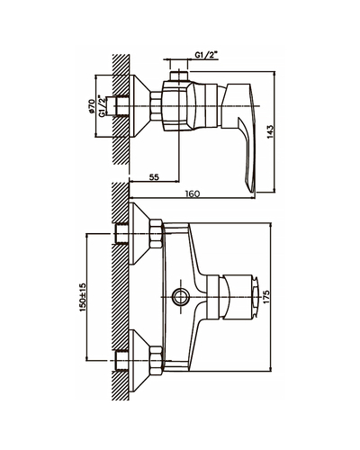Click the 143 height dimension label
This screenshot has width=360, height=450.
(270, 131)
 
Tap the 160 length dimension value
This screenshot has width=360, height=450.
(193, 193)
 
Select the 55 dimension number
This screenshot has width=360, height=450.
(154, 177)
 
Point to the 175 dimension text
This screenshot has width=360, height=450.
(266, 297)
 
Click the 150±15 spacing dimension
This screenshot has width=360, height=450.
(83, 297)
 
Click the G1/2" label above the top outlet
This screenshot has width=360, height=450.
(206, 55)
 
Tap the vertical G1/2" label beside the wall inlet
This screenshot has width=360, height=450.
(103, 106)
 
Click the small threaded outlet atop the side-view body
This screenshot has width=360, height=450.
(178, 76)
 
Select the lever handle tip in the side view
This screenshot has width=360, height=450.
(254, 190)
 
